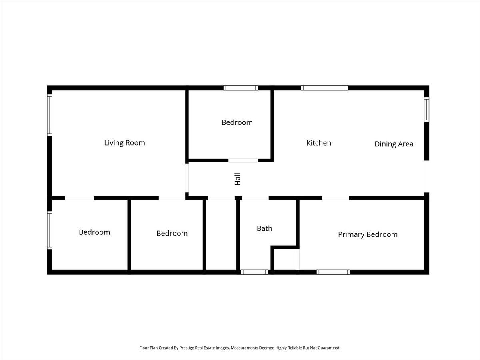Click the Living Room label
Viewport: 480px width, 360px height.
click(124, 143)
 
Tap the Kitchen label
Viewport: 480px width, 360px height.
click(319, 143)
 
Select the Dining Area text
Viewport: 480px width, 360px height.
click(394, 144)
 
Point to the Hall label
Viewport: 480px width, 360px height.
click(238, 179)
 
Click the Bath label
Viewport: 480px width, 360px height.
click(264, 228)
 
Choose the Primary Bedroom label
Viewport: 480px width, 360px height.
click(368, 234)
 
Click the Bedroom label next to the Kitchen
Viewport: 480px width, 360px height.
click(237, 122)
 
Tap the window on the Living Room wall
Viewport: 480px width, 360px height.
click(50, 115)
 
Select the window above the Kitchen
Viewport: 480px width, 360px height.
click(324, 88)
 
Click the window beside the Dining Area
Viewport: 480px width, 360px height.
click(426, 110)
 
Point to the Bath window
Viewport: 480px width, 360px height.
click(254, 272)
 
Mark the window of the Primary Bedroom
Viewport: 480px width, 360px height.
click(333, 272)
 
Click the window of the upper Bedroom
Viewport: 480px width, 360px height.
click(240, 88)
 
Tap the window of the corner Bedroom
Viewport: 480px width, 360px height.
click(50, 230)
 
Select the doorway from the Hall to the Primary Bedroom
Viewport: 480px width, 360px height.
click(336, 198)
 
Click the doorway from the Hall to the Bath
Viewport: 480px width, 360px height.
click(256, 198)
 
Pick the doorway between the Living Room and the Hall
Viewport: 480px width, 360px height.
click(187, 178)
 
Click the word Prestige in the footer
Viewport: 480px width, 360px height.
click(186, 348)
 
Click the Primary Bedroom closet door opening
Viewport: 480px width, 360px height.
click(298, 259)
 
